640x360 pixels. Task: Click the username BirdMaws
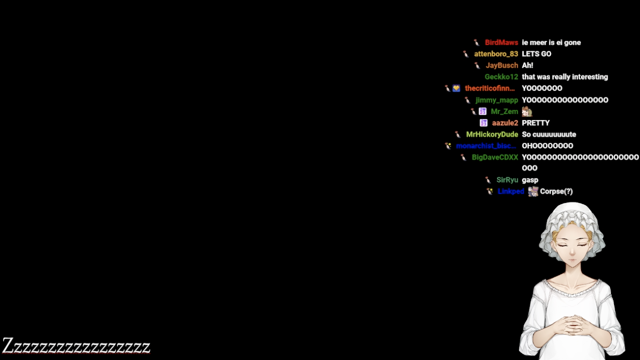point(501,43)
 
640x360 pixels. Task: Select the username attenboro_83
point(496,54)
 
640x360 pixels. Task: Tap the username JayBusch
point(502,66)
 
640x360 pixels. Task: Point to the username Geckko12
point(501,77)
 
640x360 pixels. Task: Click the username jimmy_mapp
point(497,100)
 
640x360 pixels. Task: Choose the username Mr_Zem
point(504,111)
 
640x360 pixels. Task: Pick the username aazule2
point(505,123)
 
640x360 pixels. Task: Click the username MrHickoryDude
point(492,135)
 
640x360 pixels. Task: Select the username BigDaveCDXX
point(494,158)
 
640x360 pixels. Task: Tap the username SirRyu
point(507,180)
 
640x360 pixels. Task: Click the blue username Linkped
point(511,192)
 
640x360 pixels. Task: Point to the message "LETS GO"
point(536,54)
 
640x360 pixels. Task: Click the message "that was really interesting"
point(565,77)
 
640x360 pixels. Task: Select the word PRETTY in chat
point(536,123)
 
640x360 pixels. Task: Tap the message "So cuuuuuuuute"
point(549,135)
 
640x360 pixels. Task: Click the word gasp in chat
point(530,180)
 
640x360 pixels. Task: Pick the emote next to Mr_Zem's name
point(527,111)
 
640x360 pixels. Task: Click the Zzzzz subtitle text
point(76,346)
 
